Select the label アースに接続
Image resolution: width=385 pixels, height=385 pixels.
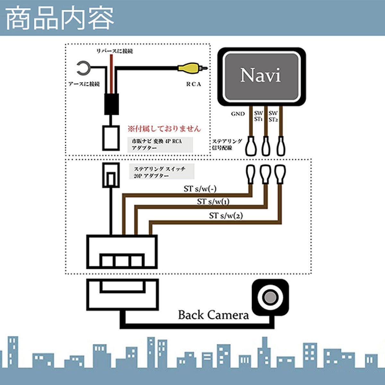[x=84, y=84]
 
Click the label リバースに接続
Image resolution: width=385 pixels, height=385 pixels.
[x=115, y=51]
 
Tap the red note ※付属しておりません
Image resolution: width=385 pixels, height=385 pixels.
[x=164, y=129]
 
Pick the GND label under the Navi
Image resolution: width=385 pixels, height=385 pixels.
[x=238, y=114]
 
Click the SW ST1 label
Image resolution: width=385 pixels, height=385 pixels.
[x=258, y=116]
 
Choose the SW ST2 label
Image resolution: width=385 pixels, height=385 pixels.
[x=273, y=116]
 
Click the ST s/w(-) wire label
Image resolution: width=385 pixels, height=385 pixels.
[x=200, y=189]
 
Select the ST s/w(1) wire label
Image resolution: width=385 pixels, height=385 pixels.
[x=213, y=202]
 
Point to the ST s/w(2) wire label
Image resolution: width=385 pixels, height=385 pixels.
[x=226, y=216]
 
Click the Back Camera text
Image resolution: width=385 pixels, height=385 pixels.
[x=213, y=315]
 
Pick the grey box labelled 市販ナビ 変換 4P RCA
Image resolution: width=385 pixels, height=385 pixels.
[x=159, y=145]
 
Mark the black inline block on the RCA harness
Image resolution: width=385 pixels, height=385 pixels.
[x=112, y=104]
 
